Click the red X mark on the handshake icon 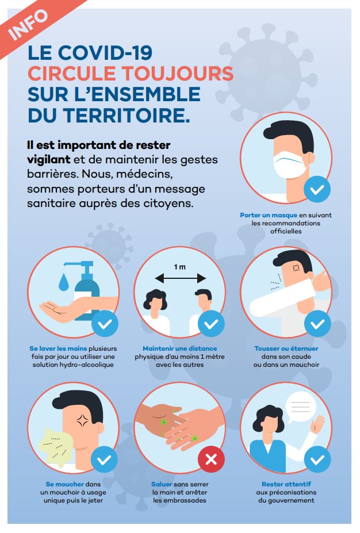coord(211,459)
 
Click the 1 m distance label coord(180,266)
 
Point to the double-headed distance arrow coord(180,278)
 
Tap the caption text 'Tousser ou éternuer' coord(286,348)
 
